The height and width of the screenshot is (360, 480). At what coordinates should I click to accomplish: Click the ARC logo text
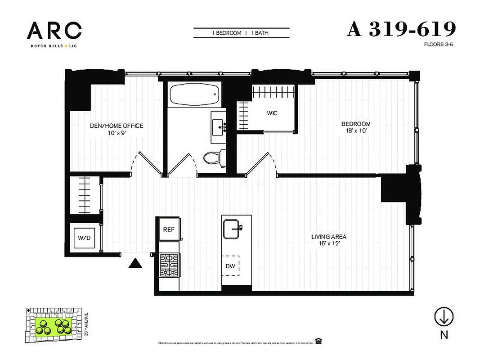pos(54,31)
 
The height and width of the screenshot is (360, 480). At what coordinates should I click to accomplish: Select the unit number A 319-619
pos(401,29)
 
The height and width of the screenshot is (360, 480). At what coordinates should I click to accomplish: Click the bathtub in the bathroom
pos(195,94)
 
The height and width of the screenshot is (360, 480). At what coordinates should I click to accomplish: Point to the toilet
pos(214,158)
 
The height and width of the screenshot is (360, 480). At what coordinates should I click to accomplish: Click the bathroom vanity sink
pos(220,124)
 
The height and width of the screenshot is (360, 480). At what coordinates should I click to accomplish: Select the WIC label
pos(272,113)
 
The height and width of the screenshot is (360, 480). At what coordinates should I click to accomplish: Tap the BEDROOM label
pos(355,124)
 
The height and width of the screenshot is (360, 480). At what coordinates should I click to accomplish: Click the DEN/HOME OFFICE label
pos(117,126)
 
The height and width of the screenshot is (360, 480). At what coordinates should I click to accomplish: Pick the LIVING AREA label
pos(329,237)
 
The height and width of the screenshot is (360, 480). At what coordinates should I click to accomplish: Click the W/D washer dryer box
pos(85,238)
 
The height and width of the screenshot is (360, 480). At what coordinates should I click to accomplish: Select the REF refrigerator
pos(169,229)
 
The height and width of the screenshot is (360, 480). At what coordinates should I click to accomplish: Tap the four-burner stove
pos(170,265)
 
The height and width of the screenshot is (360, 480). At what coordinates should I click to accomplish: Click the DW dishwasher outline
pos(230,266)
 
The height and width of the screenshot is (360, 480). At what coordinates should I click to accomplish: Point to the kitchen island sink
pos(233,228)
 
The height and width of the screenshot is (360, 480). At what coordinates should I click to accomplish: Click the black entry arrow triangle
pos(135,263)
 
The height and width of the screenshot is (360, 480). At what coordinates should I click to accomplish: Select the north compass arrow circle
pos(444,317)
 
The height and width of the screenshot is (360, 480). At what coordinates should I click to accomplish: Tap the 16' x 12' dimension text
pos(329,244)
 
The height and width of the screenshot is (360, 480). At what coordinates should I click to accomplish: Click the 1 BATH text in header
pos(260,33)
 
